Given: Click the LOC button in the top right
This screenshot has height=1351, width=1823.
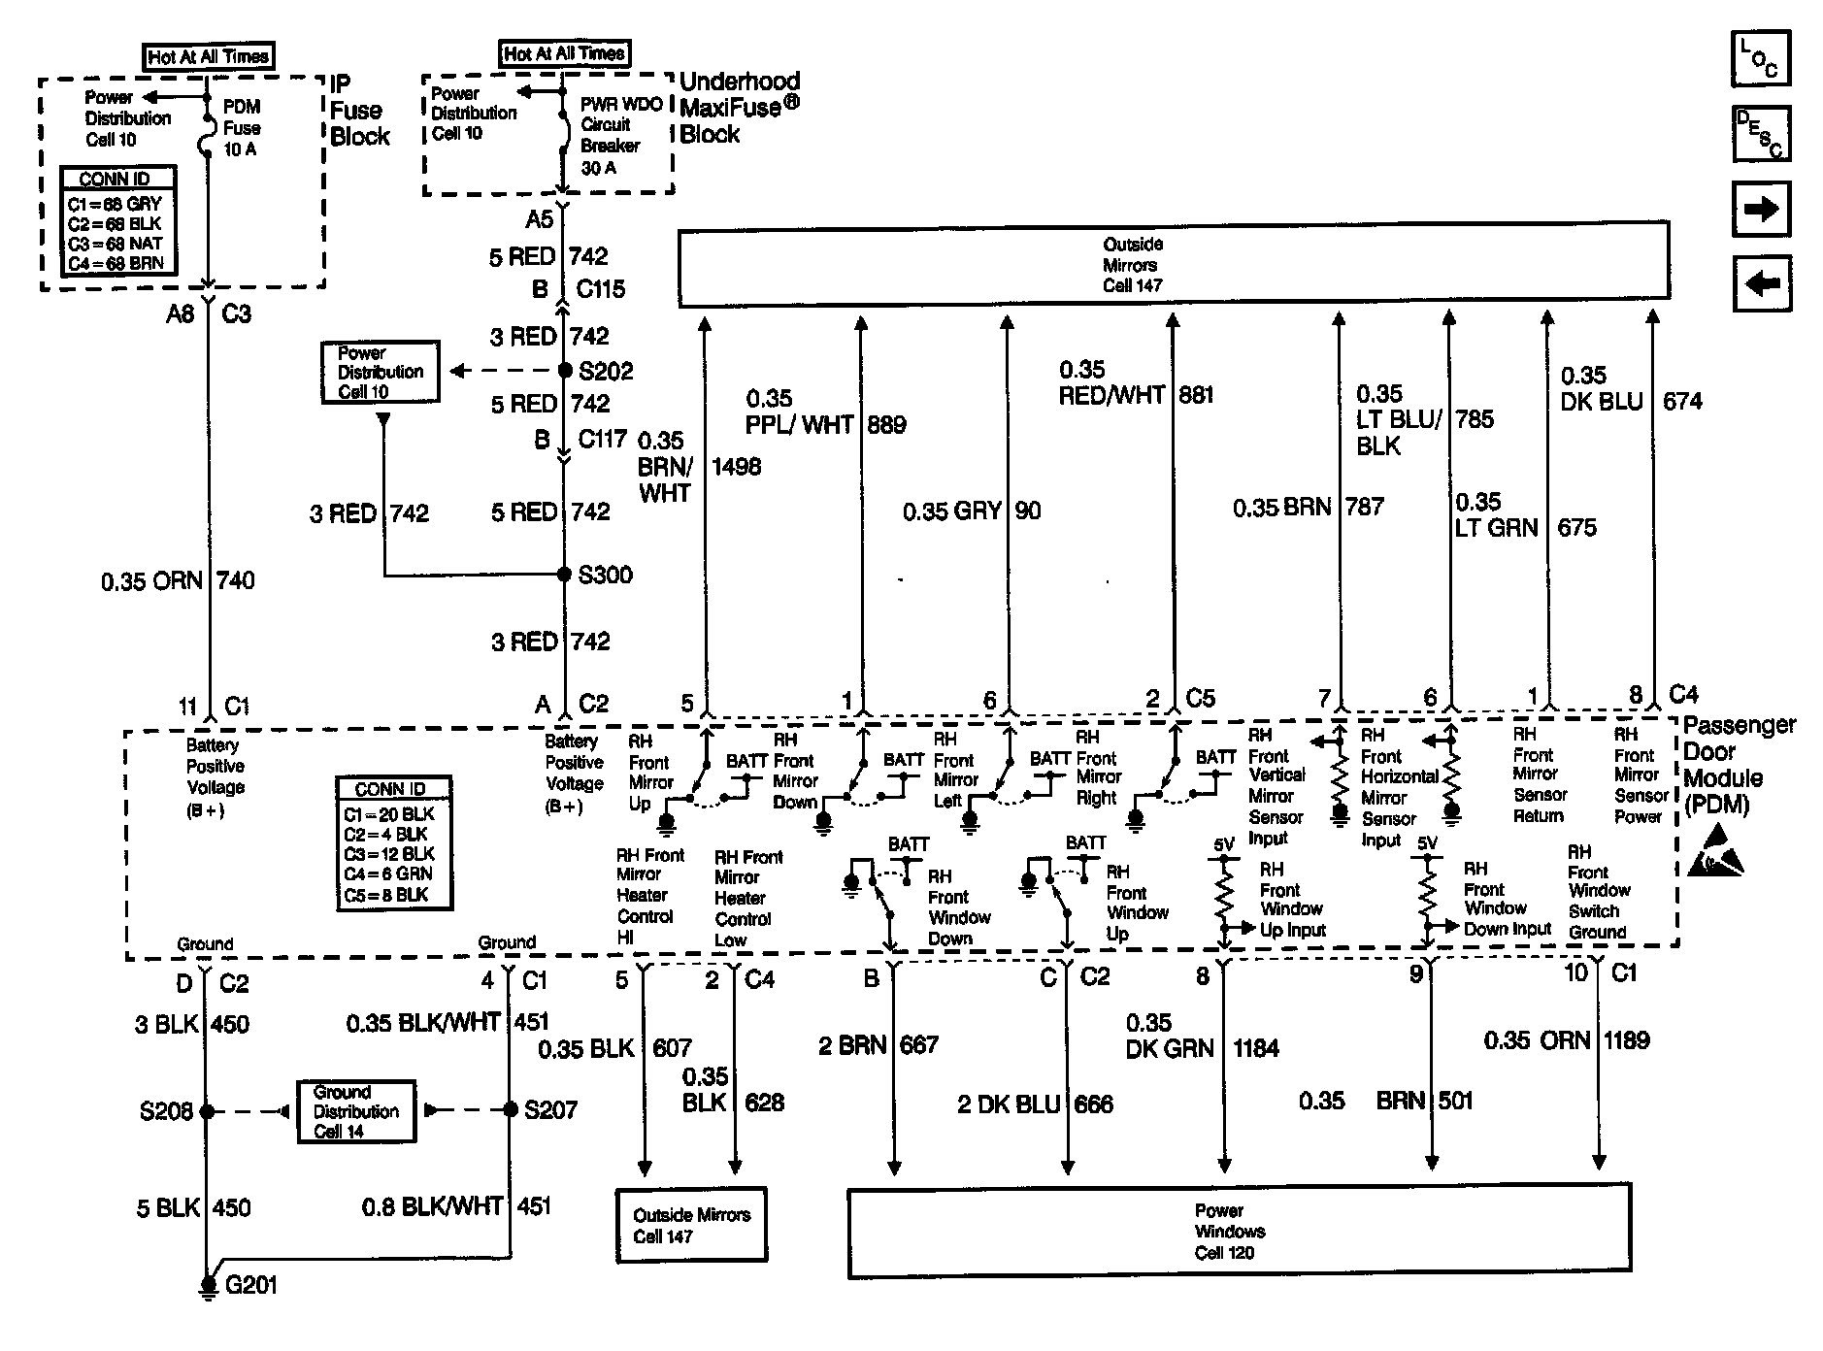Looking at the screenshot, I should pyautogui.click(x=1760, y=58).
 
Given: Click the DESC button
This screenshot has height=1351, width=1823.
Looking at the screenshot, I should pyautogui.click(x=1760, y=133).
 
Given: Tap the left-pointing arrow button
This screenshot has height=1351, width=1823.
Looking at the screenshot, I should pyautogui.click(x=1761, y=283).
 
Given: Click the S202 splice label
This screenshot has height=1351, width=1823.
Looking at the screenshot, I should pyautogui.click(x=605, y=371).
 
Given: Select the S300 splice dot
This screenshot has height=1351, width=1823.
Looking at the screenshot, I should pyautogui.click(x=564, y=575).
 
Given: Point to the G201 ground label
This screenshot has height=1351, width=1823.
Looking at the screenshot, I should pyautogui.click(x=250, y=1285).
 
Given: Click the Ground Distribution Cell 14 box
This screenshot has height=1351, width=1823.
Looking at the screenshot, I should pyautogui.click(x=355, y=1111).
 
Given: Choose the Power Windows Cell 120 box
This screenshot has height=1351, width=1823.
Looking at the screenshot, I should pyautogui.click(x=1239, y=1231).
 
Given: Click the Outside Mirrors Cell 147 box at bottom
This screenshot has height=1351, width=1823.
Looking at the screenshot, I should pyautogui.click(x=690, y=1226).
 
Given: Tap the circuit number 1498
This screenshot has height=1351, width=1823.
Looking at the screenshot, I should pyautogui.click(x=736, y=467).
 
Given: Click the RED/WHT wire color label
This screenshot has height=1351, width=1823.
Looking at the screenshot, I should pyautogui.click(x=1110, y=395).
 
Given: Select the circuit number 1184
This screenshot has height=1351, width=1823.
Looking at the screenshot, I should pyautogui.click(x=1256, y=1048).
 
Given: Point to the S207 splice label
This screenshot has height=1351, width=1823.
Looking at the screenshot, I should pyautogui.click(x=550, y=1110).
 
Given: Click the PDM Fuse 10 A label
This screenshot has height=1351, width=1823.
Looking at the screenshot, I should pyautogui.click(x=241, y=128).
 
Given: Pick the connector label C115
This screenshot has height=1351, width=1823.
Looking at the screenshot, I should pyautogui.click(x=601, y=289).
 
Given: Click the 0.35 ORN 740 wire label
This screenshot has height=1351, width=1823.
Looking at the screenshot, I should pyautogui.click(x=178, y=580).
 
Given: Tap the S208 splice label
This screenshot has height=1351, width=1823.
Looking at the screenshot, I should pyautogui.click(x=166, y=1111).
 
